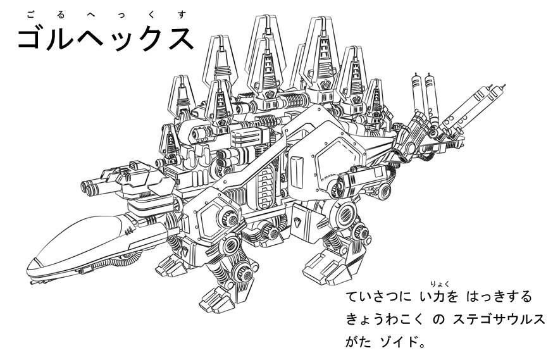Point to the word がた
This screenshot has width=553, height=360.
point(359,345)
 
